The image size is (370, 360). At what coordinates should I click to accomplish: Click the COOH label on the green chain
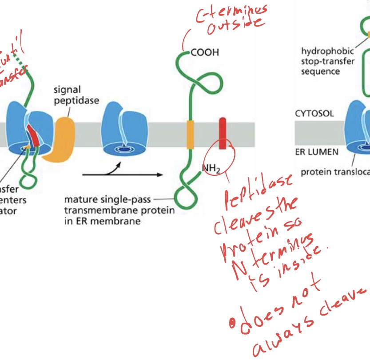[205, 52]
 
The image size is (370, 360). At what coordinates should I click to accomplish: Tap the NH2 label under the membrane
[211, 169]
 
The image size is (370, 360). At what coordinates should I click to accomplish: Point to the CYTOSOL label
[314, 113]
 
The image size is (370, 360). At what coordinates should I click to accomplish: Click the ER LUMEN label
[316, 152]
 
